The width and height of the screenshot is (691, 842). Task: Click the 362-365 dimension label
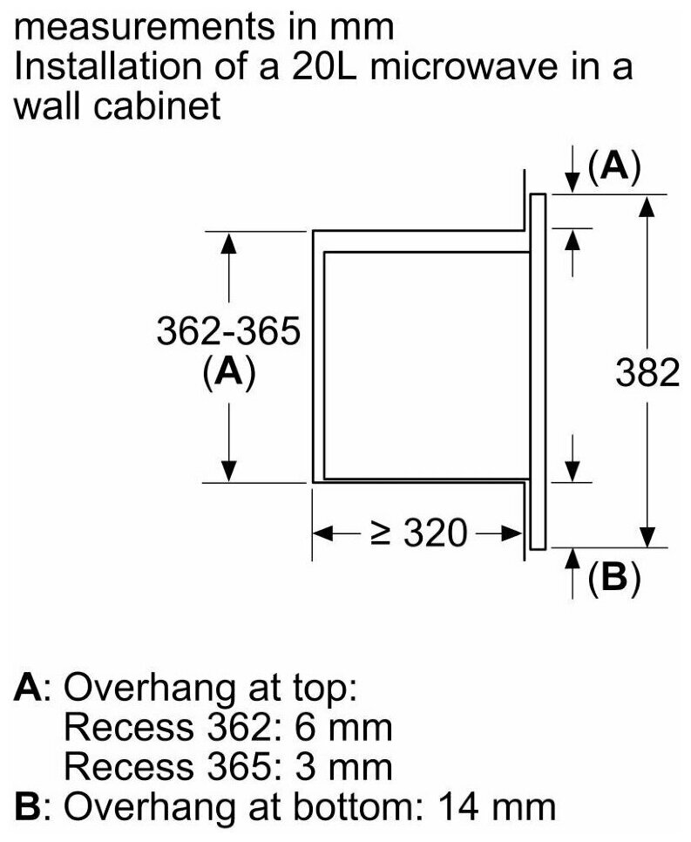(228, 331)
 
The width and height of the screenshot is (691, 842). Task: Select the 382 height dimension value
(647, 372)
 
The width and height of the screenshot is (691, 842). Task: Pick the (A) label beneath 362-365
(228, 371)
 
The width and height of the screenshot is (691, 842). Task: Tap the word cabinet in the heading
(157, 105)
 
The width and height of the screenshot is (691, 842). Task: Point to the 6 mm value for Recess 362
(343, 727)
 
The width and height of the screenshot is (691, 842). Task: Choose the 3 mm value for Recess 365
(343, 766)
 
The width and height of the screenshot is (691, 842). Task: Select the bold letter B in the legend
(27, 806)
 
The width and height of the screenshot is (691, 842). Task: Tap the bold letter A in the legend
(28, 687)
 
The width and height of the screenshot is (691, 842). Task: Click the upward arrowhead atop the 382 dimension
(648, 206)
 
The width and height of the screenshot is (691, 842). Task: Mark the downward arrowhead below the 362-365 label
(228, 471)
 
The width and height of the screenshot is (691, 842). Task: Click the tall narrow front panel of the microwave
(538, 372)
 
